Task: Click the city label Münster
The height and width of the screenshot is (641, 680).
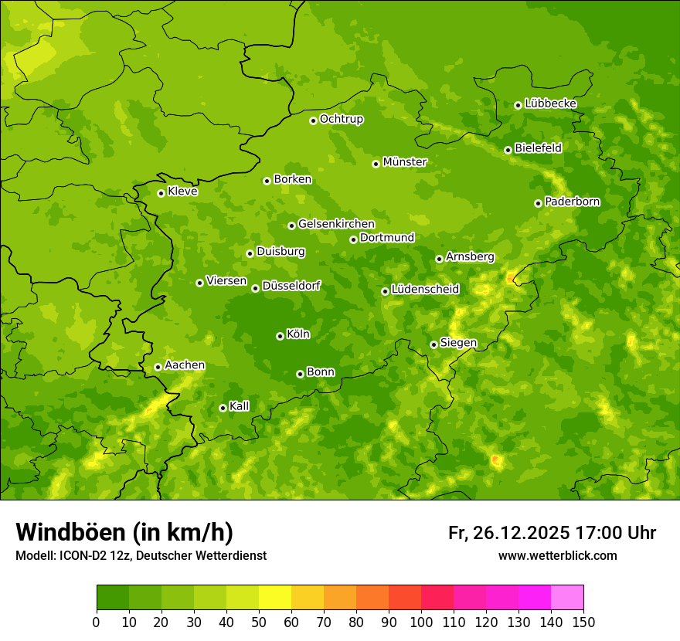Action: [x=404, y=162]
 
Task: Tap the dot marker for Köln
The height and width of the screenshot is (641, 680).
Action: [x=280, y=336]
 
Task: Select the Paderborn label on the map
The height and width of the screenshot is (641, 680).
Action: [x=572, y=202]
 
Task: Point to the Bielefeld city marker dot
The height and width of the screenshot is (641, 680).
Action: [x=508, y=150]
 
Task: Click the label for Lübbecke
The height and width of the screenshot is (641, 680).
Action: [x=550, y=103]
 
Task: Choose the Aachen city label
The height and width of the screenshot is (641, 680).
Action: [x=185, y=365]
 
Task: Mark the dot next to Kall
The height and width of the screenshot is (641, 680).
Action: [x=223, y=408]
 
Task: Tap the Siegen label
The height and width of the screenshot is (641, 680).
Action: [x=458, y=343]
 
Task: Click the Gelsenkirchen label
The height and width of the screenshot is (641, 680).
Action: [x=336, y=224]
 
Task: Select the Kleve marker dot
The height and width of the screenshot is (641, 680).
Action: [x=161, y=193]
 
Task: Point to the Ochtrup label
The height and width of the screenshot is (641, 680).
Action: [x=341, y=119]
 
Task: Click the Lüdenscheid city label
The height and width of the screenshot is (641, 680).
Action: [x=425, y=290]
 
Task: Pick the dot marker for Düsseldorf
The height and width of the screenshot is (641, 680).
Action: [x=255, y=288]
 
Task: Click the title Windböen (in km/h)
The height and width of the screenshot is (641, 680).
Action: [x=124, y=532]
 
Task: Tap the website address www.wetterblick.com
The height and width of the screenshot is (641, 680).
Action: [x=557, y=555]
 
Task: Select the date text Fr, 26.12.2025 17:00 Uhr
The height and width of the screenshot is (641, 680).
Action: [x=552, y=533]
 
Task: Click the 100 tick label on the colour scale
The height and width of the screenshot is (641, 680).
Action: [x=421, y=622]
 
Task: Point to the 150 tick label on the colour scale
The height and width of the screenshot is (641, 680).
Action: [x=583, y=622]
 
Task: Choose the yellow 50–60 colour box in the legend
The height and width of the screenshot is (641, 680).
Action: [x=275, y=598]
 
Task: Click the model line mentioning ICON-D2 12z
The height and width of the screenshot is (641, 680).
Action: [x=141, y=556]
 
